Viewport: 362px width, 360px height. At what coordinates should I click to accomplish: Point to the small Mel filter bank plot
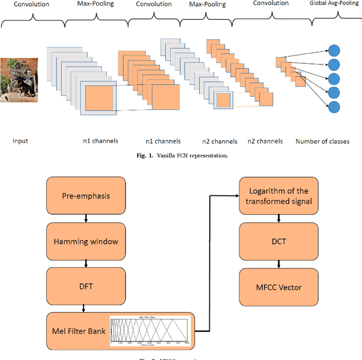tap(150, 331)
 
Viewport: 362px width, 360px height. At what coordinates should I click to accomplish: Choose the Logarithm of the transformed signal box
tap(278, 196)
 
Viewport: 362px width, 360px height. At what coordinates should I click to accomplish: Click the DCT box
tap(278, 241)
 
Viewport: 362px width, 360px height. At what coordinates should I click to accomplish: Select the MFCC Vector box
tap(278, 287)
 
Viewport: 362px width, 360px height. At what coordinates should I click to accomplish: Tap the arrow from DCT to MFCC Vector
tap(278, 264)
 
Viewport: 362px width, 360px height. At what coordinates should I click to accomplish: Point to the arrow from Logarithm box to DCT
tap(278, 219)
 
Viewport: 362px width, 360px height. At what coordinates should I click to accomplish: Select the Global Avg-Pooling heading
tap(334, 4)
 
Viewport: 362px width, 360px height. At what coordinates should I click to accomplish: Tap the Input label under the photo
tap(20, 141)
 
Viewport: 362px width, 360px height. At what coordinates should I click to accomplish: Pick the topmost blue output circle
tap(334, 49)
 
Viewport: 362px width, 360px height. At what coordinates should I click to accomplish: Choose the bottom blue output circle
tap(334, 106)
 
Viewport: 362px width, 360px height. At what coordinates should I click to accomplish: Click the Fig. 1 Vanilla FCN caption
tap(181, 155)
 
